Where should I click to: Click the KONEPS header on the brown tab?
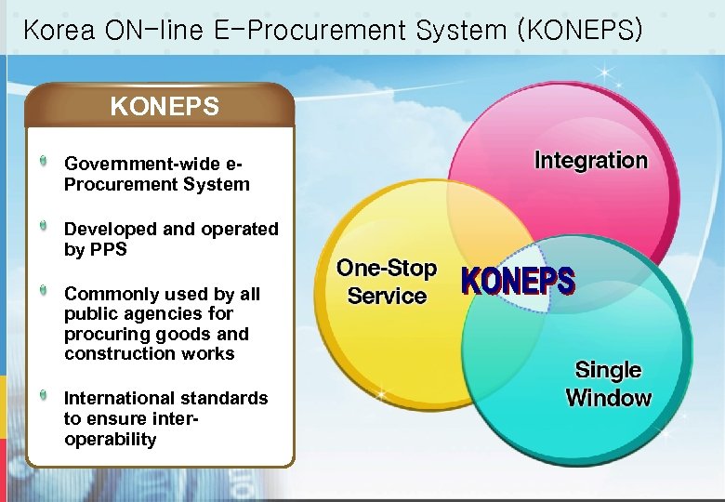click(x=165, y=107)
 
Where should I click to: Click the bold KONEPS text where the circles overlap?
click(x=519, y=282)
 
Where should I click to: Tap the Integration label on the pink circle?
click(x=590, y=160)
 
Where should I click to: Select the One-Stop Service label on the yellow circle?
click(x=387, y=283)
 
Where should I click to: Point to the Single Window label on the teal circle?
click(x=608, y=384)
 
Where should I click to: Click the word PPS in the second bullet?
click(x=108, y=249)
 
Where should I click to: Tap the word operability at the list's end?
click(x=111, y=439)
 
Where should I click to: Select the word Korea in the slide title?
click(x=57, y=30)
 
